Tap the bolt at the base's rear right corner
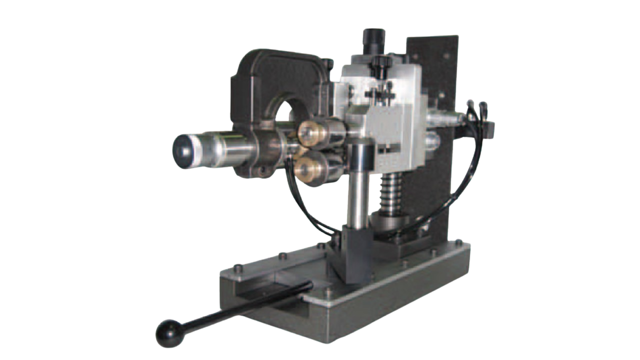pyautogui.click(x=457, y=242)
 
